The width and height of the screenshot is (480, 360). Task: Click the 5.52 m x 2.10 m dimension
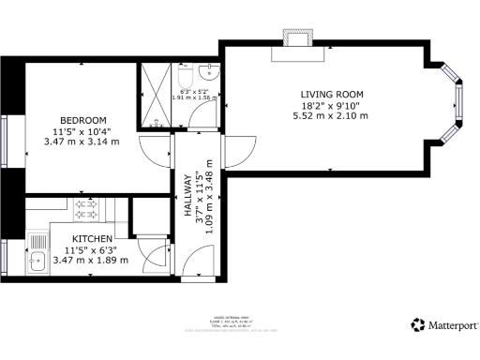331,117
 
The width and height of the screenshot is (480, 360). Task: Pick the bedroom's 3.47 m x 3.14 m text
82,142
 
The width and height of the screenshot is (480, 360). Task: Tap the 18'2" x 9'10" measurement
331,106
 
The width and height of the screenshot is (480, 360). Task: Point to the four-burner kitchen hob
87,206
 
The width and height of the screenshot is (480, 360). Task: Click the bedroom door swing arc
152,148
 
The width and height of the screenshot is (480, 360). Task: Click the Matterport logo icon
417,324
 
